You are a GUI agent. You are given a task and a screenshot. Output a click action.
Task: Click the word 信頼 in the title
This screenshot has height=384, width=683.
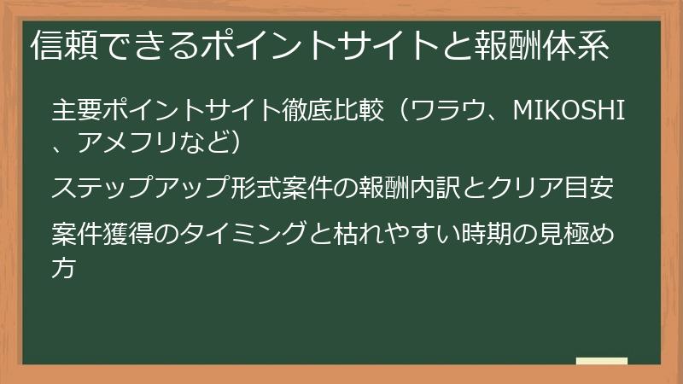coord(61,46)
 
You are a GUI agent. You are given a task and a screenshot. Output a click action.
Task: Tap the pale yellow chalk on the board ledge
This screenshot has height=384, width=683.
coord(602,361)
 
